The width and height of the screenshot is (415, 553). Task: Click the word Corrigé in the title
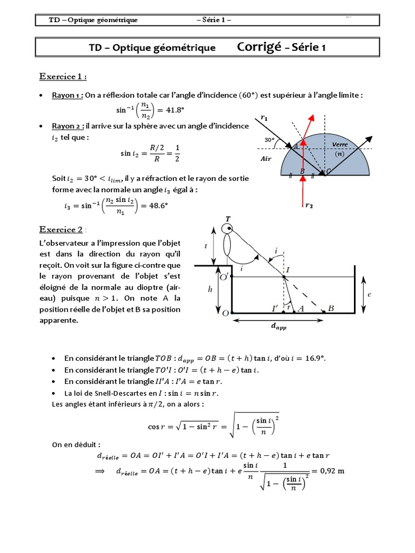[x=259, y=47]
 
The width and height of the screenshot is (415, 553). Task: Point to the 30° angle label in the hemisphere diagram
[x=270, y=140]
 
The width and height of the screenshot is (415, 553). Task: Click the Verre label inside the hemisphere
[x=340, y=145]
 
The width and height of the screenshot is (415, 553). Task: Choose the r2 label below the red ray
[x=309, y=205]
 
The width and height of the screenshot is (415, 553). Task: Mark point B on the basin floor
[x=331, y=308]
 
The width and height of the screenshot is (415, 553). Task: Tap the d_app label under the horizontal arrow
[x=278, y=328]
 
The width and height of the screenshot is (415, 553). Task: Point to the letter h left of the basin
[x=210, y=289]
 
